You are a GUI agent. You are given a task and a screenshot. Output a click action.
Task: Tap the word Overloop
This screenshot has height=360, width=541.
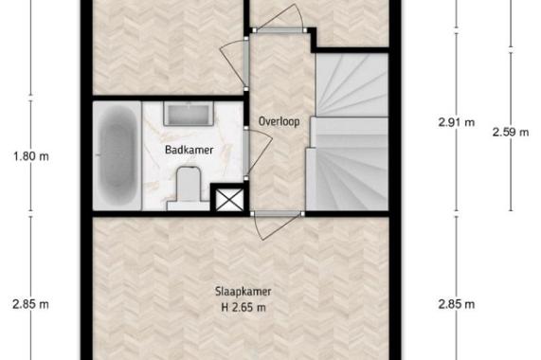coord(280,121)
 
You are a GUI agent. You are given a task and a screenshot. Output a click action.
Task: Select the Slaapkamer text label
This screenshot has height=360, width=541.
coord(243,292)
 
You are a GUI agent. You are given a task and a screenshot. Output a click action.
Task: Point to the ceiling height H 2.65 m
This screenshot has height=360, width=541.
coord(243,307)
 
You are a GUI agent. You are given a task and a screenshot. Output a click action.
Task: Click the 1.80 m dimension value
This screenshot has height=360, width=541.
coord(31,156)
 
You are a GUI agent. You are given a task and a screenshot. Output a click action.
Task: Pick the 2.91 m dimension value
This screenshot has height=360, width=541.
coord(457,122)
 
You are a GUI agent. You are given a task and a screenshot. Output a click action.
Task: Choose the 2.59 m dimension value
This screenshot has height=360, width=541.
coord(511,132)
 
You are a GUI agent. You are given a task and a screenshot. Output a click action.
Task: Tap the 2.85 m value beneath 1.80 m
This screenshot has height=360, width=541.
coord(30,304)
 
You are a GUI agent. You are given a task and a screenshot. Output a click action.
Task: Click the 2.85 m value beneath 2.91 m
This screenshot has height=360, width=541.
coord(457,304)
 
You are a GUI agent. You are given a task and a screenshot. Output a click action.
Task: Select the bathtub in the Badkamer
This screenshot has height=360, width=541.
coord(117,155)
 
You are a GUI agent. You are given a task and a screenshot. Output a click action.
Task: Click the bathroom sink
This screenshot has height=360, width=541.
coord(189,114)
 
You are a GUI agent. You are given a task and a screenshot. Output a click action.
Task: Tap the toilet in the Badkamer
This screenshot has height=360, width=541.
coord(189,189)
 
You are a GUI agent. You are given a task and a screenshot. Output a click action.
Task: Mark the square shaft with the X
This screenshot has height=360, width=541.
coord(229,199)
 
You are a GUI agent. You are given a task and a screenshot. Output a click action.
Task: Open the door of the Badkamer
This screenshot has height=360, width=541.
coord(258,153)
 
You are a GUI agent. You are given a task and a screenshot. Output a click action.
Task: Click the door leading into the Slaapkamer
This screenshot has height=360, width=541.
coord(276,225)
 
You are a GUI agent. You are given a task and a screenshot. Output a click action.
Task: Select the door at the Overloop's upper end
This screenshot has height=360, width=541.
coord(280,19)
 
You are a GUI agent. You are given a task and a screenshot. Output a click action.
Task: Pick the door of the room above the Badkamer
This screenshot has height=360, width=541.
coord(235,63)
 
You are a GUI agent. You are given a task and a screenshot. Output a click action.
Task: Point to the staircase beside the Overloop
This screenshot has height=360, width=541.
coord(348,132)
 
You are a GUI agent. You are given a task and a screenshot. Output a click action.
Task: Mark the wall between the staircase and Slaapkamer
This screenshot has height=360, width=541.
coord(348,214)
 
